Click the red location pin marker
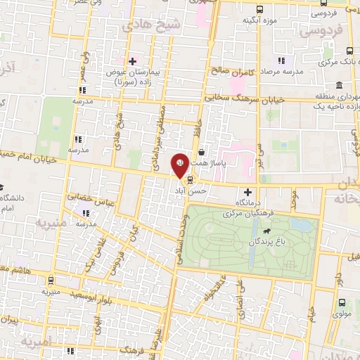180,165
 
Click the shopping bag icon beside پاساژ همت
202,151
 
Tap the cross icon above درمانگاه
247,191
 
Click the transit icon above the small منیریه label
51,278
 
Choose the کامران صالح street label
220,72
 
